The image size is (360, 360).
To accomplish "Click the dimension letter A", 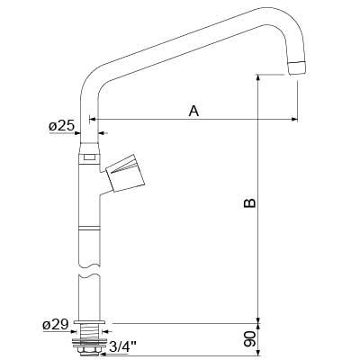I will pyautogui.click(x=193, y=111).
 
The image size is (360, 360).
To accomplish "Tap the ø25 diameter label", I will pyautogui.click(x=61, y=126).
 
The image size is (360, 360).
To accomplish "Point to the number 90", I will pyautogui.click(x=250, y=339).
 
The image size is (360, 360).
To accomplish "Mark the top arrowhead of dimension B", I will pyautogui.click(x=258, y=78).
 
